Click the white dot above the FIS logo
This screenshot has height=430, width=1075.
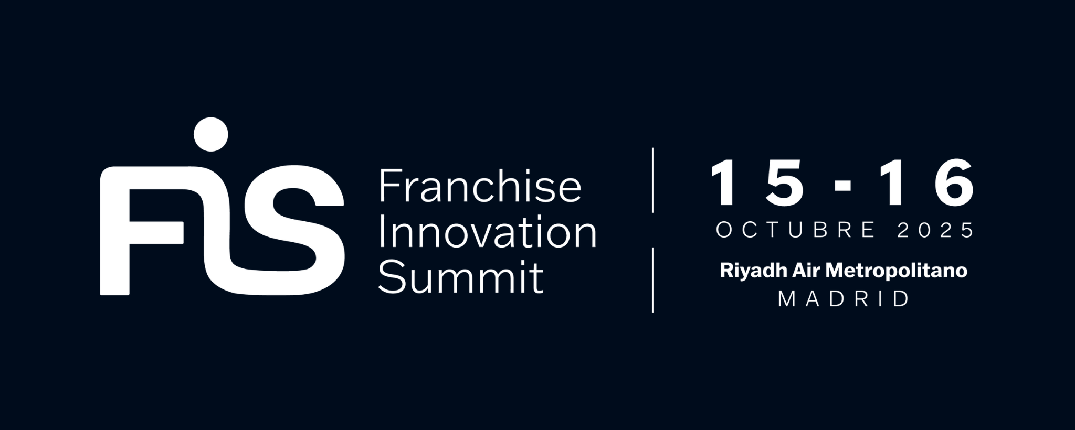[211, 134]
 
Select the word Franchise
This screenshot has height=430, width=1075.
[480, 186]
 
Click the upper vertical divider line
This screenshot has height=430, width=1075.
[652, 180]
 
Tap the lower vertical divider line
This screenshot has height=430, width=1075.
[652, 280]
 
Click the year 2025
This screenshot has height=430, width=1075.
[935, 230]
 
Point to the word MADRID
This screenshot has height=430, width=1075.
[844, 299]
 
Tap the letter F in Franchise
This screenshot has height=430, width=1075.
[389, 186]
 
